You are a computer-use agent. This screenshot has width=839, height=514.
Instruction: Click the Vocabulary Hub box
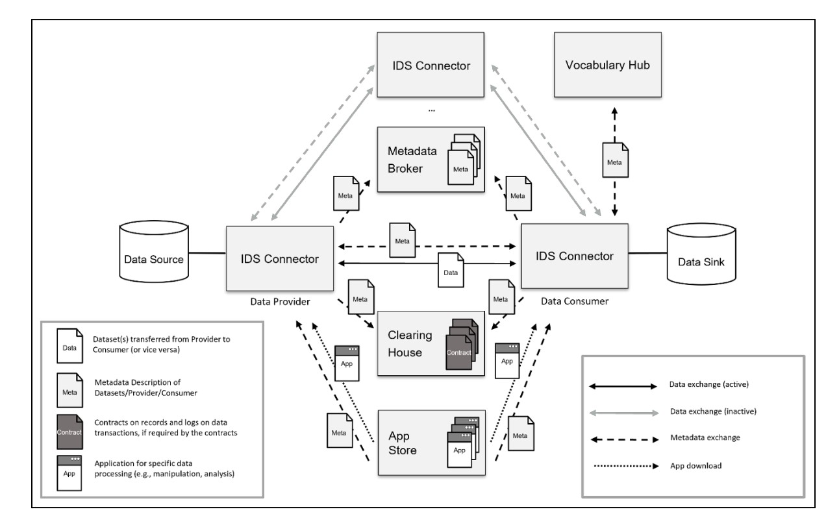click(x=607, y=65)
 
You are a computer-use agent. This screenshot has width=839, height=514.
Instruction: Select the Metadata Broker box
click(x=431, y=159)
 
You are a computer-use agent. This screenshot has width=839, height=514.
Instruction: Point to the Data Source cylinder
click(x=153, y=260)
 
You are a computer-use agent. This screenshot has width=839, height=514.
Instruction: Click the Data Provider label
click(x=280, y=302)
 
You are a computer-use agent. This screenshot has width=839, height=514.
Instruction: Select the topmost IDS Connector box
click(x=431, y=65)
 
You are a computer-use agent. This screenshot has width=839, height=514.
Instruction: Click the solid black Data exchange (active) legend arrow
click(x=623, y=385)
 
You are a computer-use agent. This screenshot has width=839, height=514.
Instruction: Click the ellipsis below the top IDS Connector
click(x=431, y=111)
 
